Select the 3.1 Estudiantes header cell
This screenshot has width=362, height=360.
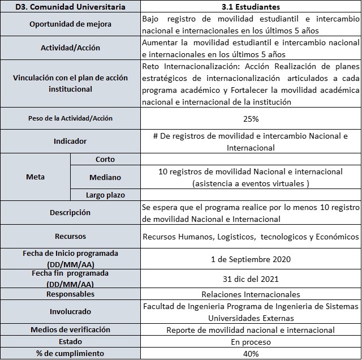coord(251,7)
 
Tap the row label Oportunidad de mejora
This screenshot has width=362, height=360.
coord(71,24)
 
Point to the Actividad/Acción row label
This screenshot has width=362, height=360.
coord(71,48)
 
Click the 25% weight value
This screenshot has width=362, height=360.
coord(251,119)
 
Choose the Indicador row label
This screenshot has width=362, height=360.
coord(71,142)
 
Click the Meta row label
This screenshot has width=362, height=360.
coord(35,177)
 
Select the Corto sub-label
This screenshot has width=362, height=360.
coord(105,160)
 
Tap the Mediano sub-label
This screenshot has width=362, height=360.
coord(105,177)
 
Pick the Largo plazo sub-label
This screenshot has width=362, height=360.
coord(105,195)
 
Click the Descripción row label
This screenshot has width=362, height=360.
coord(71,213)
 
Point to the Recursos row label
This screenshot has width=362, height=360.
coord(71,236)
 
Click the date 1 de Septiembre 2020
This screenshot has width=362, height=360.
coord(251,259)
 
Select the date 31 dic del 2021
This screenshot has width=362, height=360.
coord(251,278)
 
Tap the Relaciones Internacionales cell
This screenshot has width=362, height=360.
coord(251,294)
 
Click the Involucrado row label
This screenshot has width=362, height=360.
coord(71,311)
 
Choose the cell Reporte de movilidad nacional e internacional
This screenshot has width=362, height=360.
coord(251,330)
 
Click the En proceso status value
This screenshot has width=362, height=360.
coord(251,342)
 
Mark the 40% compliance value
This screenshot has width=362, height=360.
coord(251,354)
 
